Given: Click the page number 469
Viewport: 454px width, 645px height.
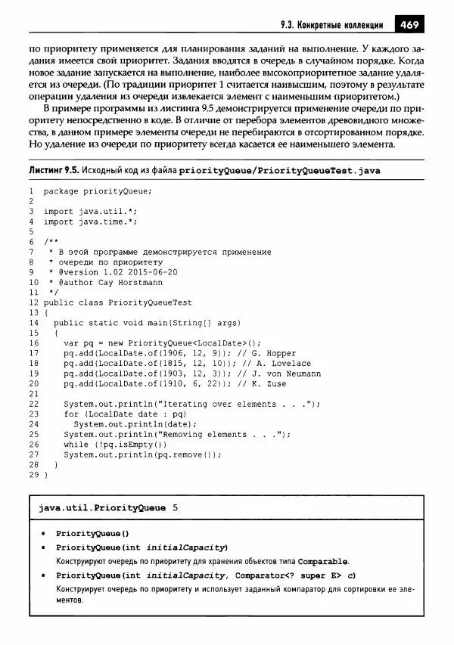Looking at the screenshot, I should tap(409, 24).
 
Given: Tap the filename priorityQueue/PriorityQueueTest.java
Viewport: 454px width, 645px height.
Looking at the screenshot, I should tap(280, 171).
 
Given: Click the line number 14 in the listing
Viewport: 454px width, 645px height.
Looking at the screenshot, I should tap(33, 322).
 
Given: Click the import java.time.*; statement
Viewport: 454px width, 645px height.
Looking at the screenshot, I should tap(91, 222).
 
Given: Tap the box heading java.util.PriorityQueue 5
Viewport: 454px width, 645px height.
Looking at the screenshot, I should tap(108, 507).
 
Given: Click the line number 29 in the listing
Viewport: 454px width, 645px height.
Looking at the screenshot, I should tap(33, 475).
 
